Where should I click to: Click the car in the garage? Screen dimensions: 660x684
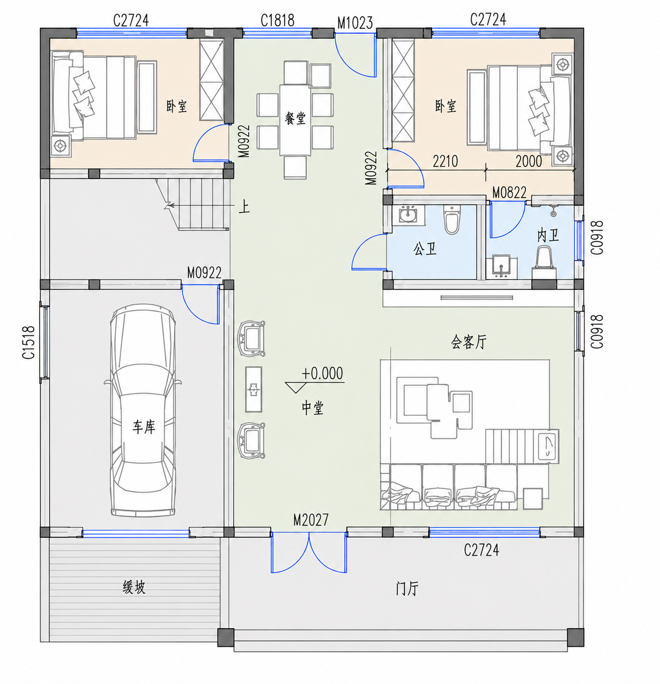pos(143,410)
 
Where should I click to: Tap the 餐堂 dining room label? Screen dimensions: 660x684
pos(295,118)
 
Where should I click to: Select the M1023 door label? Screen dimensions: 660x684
pos(354,23)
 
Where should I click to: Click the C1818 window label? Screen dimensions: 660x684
pos(277,20)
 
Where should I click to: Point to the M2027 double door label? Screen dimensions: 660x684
pos(310,520)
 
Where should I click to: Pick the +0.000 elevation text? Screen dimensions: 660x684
pos(322,373)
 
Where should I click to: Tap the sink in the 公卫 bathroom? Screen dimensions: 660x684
pos(408,215)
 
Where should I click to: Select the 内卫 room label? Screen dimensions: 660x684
pos(548,236)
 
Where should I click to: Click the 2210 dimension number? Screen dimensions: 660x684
pos(445,161)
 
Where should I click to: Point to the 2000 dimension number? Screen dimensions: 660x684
pos(529,161)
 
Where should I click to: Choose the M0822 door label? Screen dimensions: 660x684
pos(509,193)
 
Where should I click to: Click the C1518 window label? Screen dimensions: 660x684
pos(29,342)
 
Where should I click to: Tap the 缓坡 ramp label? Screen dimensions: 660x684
pos(134,587)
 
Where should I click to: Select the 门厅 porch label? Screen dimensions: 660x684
pos(407,589)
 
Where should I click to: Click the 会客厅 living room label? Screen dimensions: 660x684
pos(469,341)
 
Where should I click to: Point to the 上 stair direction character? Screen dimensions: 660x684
pos(244,207)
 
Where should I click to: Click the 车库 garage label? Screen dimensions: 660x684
pos(144,427)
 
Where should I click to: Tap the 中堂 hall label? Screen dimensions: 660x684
pos(313,408)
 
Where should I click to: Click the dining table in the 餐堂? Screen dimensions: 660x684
pos(295,120)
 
